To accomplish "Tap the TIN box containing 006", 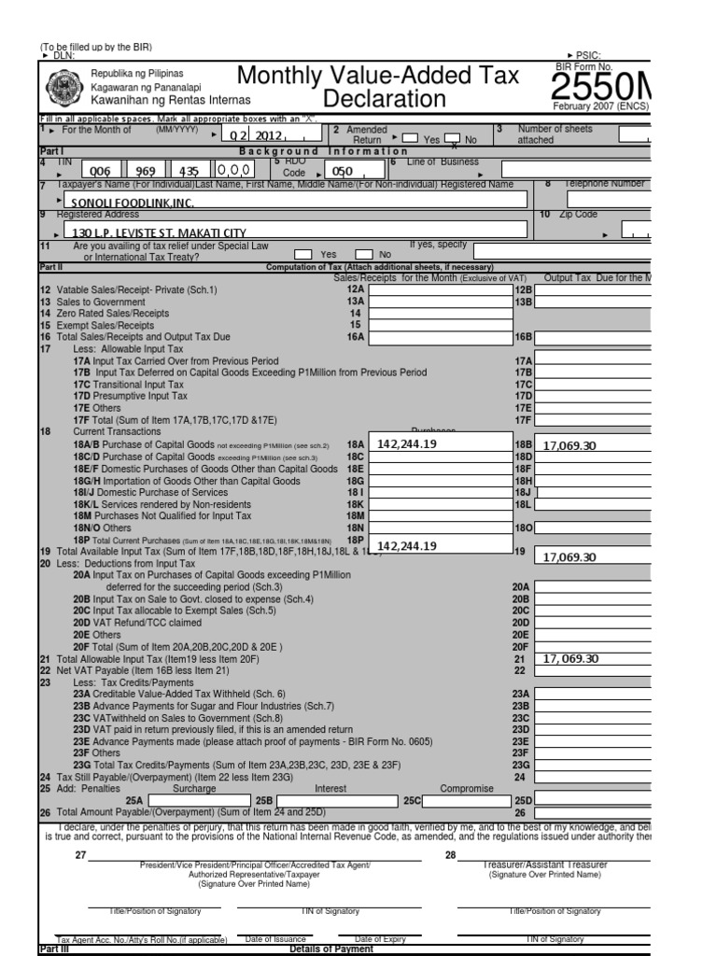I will click(x=97, y=172).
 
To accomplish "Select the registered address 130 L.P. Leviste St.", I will click(x=154, y=232).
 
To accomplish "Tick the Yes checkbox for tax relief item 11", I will click(x=304, y=254).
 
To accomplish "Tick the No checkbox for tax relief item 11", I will click(x=363, y=254).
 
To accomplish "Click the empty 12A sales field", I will click(x=439, y=290).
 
